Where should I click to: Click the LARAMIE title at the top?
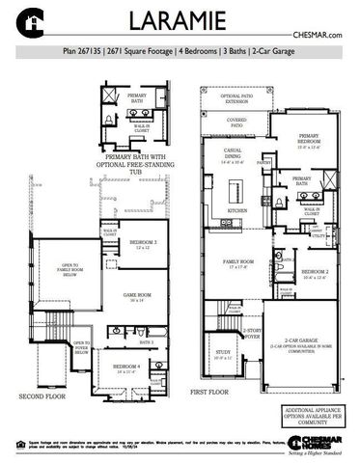[x=180, y=20]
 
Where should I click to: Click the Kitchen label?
[x=237, y=209]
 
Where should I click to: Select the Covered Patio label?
[x=235, y=123]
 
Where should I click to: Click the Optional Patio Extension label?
[x=235, y=98]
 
